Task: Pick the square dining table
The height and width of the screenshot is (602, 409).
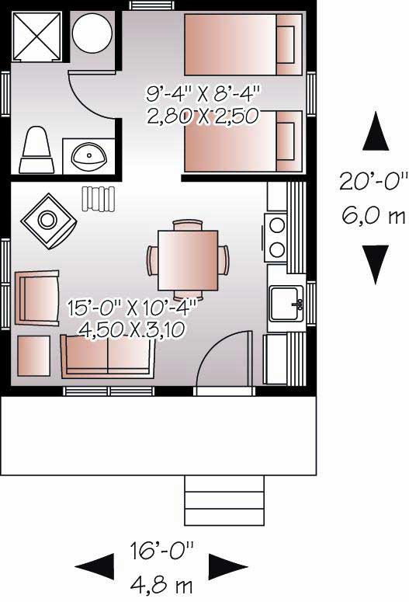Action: [188, 259]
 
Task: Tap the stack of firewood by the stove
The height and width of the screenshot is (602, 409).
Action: [98, 197]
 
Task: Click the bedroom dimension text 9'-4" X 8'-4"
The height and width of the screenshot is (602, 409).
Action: [203, 94]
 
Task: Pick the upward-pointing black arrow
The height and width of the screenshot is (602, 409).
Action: [376, 131]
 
